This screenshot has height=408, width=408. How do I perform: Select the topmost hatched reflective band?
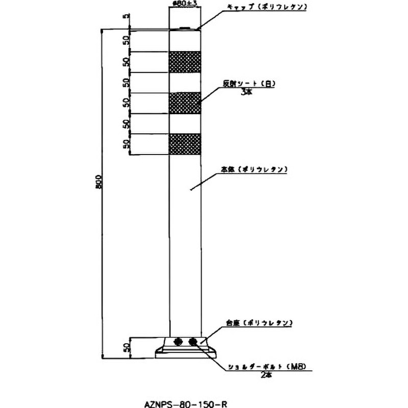[184, 62]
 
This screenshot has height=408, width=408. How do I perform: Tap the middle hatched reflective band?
[184, 103]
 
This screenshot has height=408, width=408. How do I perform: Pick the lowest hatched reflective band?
[184, 143]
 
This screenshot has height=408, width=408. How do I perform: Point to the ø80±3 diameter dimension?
[184, 4]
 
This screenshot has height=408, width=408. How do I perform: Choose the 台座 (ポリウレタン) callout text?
[259, 323]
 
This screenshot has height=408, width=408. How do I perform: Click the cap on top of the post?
[184, 29]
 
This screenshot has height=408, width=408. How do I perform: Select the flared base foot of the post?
[185, 352]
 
